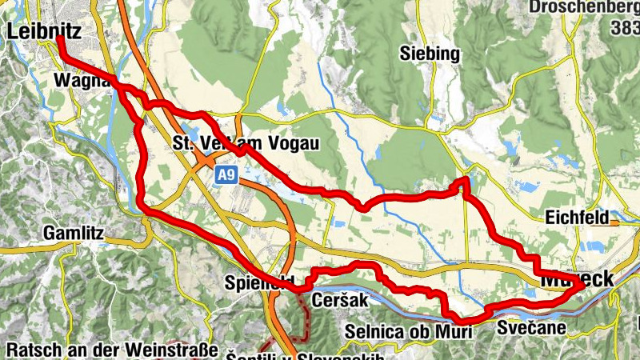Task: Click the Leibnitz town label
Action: tap(46, 32)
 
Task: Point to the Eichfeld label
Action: tap(576, 217)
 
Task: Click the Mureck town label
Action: tap(578, 280)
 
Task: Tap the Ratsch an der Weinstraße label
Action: tap(112, 350)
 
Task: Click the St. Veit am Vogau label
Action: tap(246, 144)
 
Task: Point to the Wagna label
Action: tap(77, 81)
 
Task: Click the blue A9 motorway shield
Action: tap(230, 174)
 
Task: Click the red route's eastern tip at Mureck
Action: tap(579, 289)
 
